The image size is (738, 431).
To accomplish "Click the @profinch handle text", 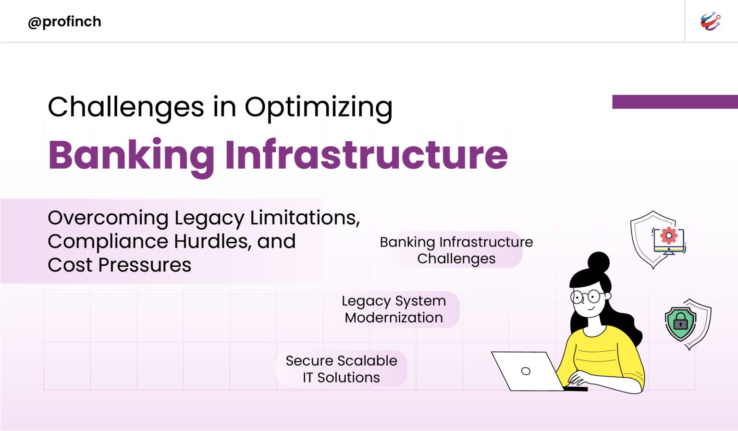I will point(64,22).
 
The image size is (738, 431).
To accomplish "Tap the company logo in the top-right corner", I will point(710,22).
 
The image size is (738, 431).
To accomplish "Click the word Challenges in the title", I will point(126,107).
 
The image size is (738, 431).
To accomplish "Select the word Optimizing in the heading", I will point(319,107).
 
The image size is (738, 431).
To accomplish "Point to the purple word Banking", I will point(131,155).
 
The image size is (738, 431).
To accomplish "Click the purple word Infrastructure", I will point(366,155).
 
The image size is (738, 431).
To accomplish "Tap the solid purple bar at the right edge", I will point(675,102).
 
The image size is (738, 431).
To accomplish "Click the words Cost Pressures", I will point(119,265).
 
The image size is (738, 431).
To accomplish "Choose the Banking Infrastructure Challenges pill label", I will point(456,250).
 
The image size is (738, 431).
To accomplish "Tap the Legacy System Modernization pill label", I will point(394,309).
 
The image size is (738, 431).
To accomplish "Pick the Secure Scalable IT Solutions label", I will point(341,369).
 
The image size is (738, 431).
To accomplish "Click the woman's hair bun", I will point(599,262).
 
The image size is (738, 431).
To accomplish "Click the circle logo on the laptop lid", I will point(526,371).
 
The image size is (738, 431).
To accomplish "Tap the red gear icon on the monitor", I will point(668,235).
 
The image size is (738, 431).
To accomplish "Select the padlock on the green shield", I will point(680,322).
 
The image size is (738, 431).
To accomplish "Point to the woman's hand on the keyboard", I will point(577,379).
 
